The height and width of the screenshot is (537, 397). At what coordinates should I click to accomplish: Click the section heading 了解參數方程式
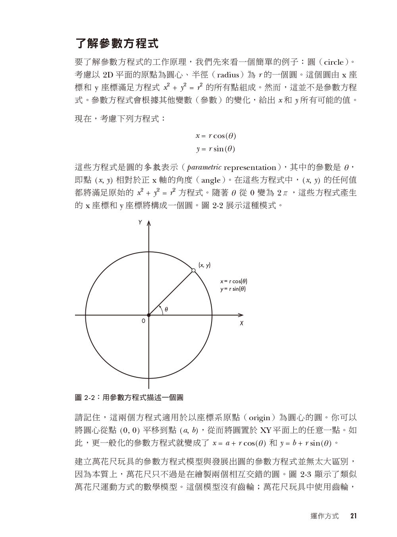click(117, 43)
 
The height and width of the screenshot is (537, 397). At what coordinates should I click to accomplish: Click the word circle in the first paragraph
click(333, 62)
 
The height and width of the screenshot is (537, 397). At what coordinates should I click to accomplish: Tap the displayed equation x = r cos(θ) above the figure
click(216, 136)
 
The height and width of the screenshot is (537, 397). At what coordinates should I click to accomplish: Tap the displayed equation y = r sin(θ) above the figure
click(216, 149)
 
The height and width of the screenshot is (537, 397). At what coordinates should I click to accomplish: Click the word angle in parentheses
click(211, 180)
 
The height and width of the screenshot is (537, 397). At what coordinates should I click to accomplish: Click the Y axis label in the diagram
click(140, 223)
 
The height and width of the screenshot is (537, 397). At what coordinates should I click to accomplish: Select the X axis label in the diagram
click(241, 323)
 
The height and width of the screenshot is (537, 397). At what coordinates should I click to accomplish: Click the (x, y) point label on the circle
click(204, 265)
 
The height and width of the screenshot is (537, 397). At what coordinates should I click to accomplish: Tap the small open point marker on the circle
click(193, 270)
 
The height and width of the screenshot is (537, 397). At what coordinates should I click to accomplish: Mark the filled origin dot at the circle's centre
click(148, 315)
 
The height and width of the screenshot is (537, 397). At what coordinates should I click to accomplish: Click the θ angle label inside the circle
click(166, 309)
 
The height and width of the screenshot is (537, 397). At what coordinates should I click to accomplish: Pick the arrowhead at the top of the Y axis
click(148, 224)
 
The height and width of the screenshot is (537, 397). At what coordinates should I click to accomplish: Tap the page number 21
click(353, 516)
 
